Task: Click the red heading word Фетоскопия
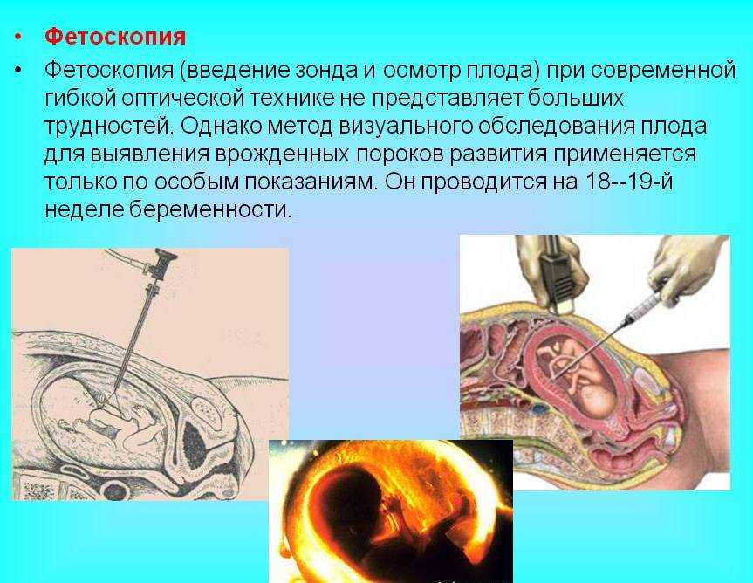[115, 37]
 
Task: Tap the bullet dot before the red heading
[18, 37]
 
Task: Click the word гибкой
[80, 98]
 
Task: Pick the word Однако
[221, 126]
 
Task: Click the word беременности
[210, 209]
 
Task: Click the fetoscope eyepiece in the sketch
[161, 263]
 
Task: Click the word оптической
[182, 98]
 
